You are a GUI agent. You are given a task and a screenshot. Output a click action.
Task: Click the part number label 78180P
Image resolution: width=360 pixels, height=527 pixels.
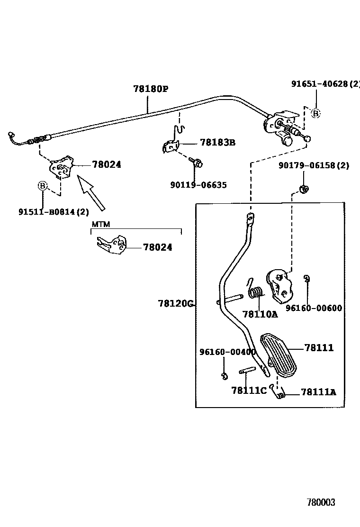(151, 89)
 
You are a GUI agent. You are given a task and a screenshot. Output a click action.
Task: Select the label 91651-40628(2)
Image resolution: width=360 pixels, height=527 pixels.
(325, 84)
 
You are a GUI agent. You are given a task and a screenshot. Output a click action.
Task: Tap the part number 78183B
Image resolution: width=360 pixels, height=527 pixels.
(217, 142)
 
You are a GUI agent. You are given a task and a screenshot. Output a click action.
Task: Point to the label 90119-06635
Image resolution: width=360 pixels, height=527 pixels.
(198, 185)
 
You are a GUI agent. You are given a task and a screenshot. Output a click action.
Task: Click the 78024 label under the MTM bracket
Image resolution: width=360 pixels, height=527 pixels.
(158, 247)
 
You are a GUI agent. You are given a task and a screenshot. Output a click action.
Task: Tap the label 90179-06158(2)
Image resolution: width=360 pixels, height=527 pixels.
(314, 165)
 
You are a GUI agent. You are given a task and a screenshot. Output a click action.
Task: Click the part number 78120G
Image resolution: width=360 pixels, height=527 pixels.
(176, 303)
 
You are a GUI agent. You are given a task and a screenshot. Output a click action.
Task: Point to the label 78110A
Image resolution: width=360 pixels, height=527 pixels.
(260, 314)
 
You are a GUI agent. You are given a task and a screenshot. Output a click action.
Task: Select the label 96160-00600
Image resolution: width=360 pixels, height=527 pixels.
(313, 308)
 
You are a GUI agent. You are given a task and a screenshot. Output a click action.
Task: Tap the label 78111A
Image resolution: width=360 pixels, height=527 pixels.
(318, 392)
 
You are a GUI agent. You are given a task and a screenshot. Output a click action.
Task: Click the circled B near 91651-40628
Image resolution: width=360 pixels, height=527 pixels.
(315, 113)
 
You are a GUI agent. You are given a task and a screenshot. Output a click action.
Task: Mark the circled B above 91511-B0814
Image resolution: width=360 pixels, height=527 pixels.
(43, 186)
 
